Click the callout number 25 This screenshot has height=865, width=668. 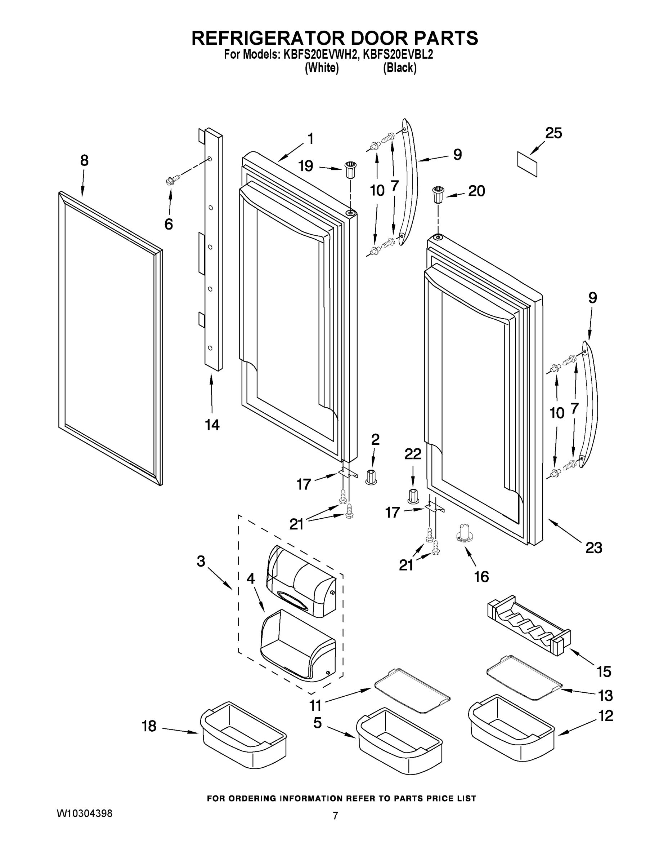(x=553, y=133)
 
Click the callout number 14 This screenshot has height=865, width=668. (x=212, y=425)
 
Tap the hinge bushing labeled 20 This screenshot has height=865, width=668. (x=438, y=194)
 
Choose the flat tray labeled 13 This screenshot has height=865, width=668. (x=524, y=677)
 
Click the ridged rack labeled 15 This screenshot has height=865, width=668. (x=528, y=625)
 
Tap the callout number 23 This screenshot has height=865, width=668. (x=593, y=548)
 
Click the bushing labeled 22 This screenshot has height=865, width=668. (x=413, y=496)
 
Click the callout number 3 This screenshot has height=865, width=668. (x=201, y=561)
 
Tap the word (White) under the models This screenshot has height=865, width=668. (x=321, y=68)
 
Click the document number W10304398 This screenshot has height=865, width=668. (x=85, y=813)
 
